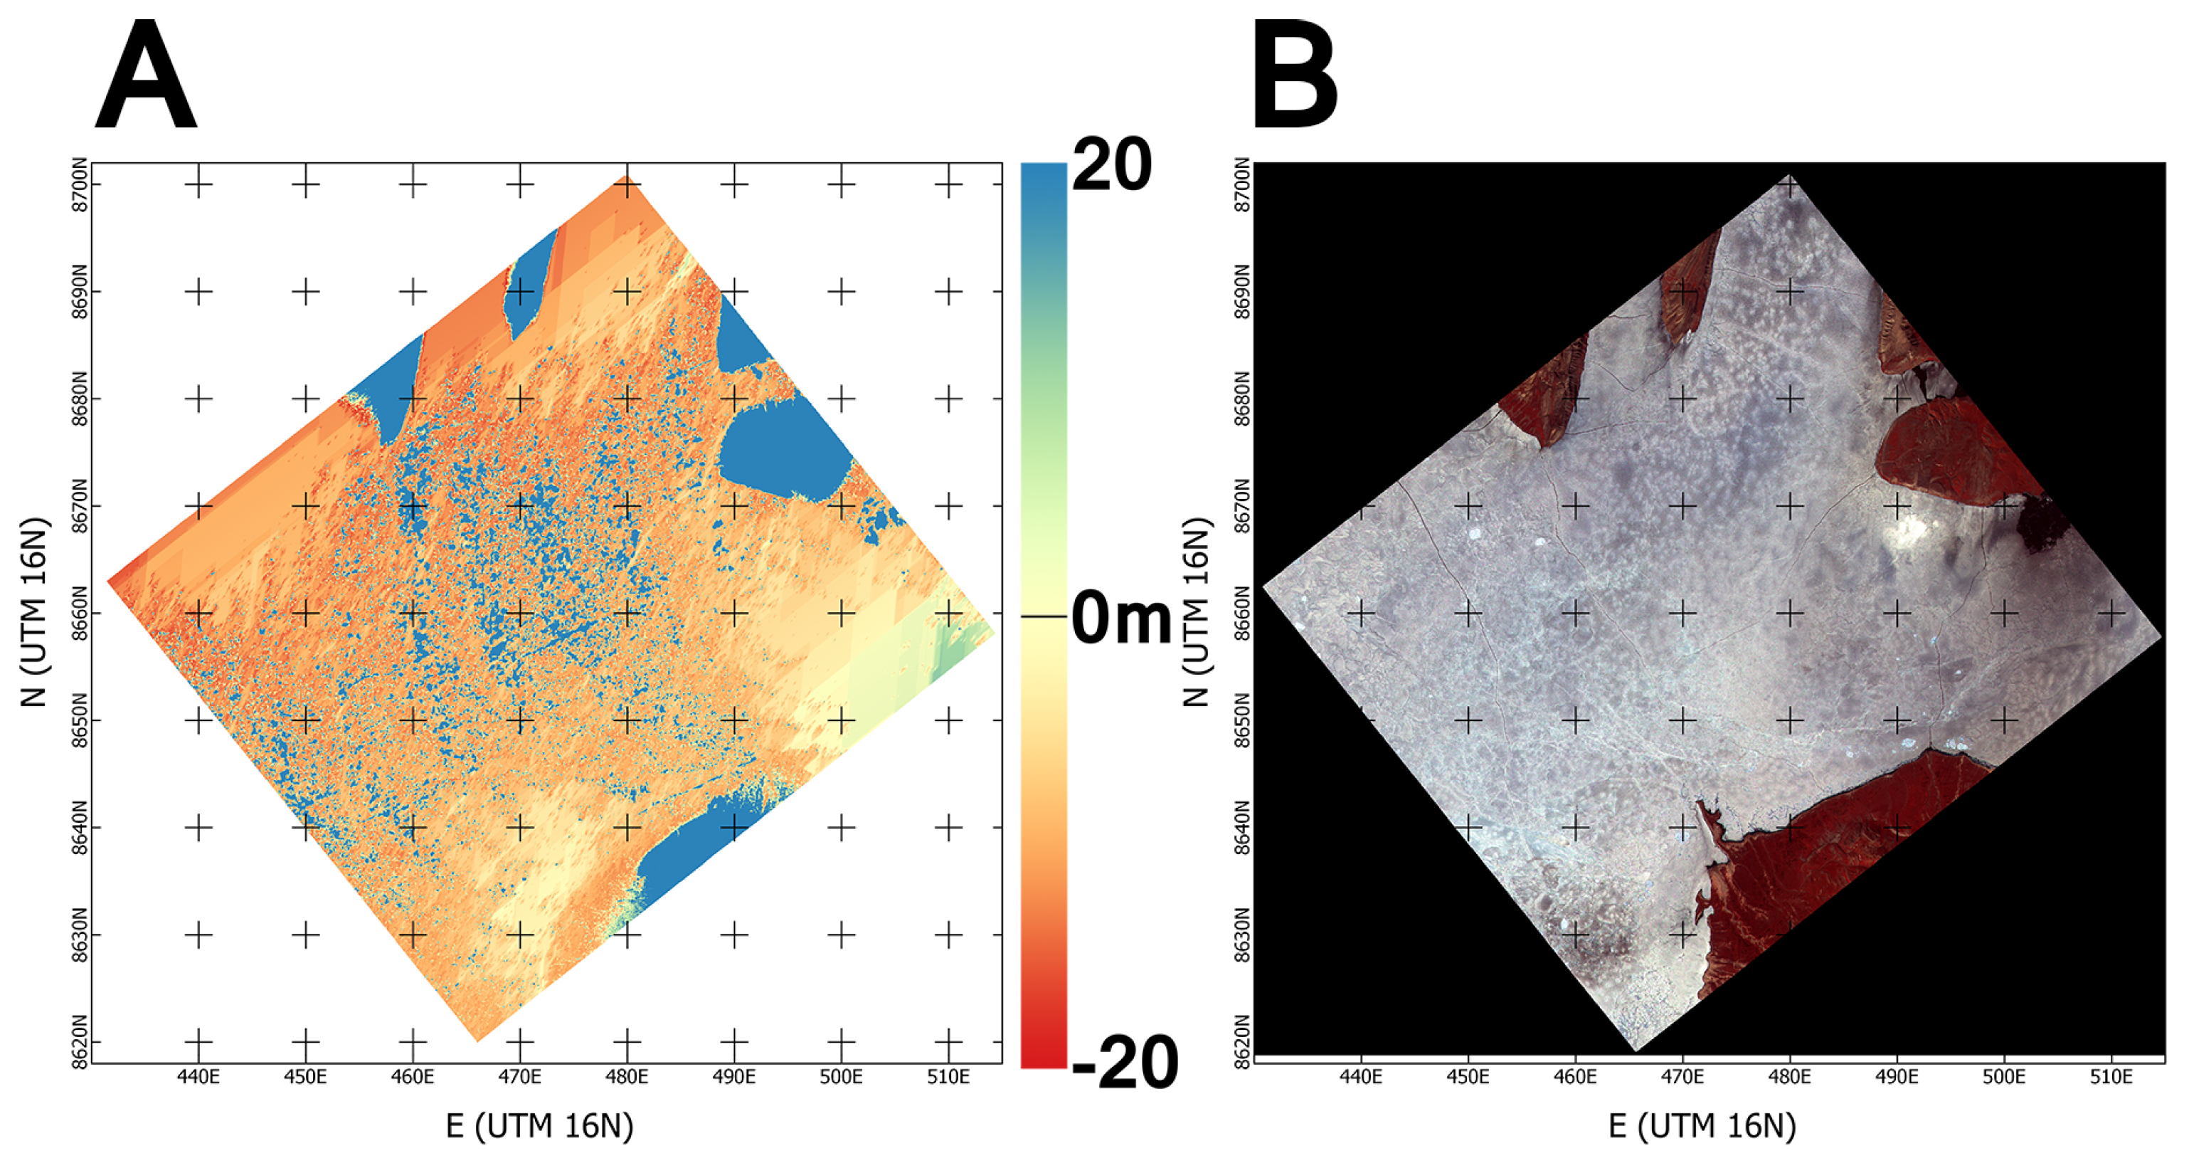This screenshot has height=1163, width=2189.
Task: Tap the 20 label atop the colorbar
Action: pyautogui.click(x=1111, y=165)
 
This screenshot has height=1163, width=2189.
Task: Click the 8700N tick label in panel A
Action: pyautogui.click(x=79, y=184)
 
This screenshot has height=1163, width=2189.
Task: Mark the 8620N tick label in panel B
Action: pyautogui.click(x=1241, y=1041)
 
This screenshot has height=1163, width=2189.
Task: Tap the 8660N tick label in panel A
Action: pyautogui.click(x=79, y=613)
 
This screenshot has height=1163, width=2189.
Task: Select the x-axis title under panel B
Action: pyautogui.click(x=1702, y=1127)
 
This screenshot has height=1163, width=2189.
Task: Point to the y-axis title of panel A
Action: pyautogui.click(x=33, y=612)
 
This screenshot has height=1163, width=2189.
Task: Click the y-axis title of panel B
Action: pyautogui.click(x=1196, y=612)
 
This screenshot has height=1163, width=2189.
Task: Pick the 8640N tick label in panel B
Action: pyautogui.click(x=1241, y=827)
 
